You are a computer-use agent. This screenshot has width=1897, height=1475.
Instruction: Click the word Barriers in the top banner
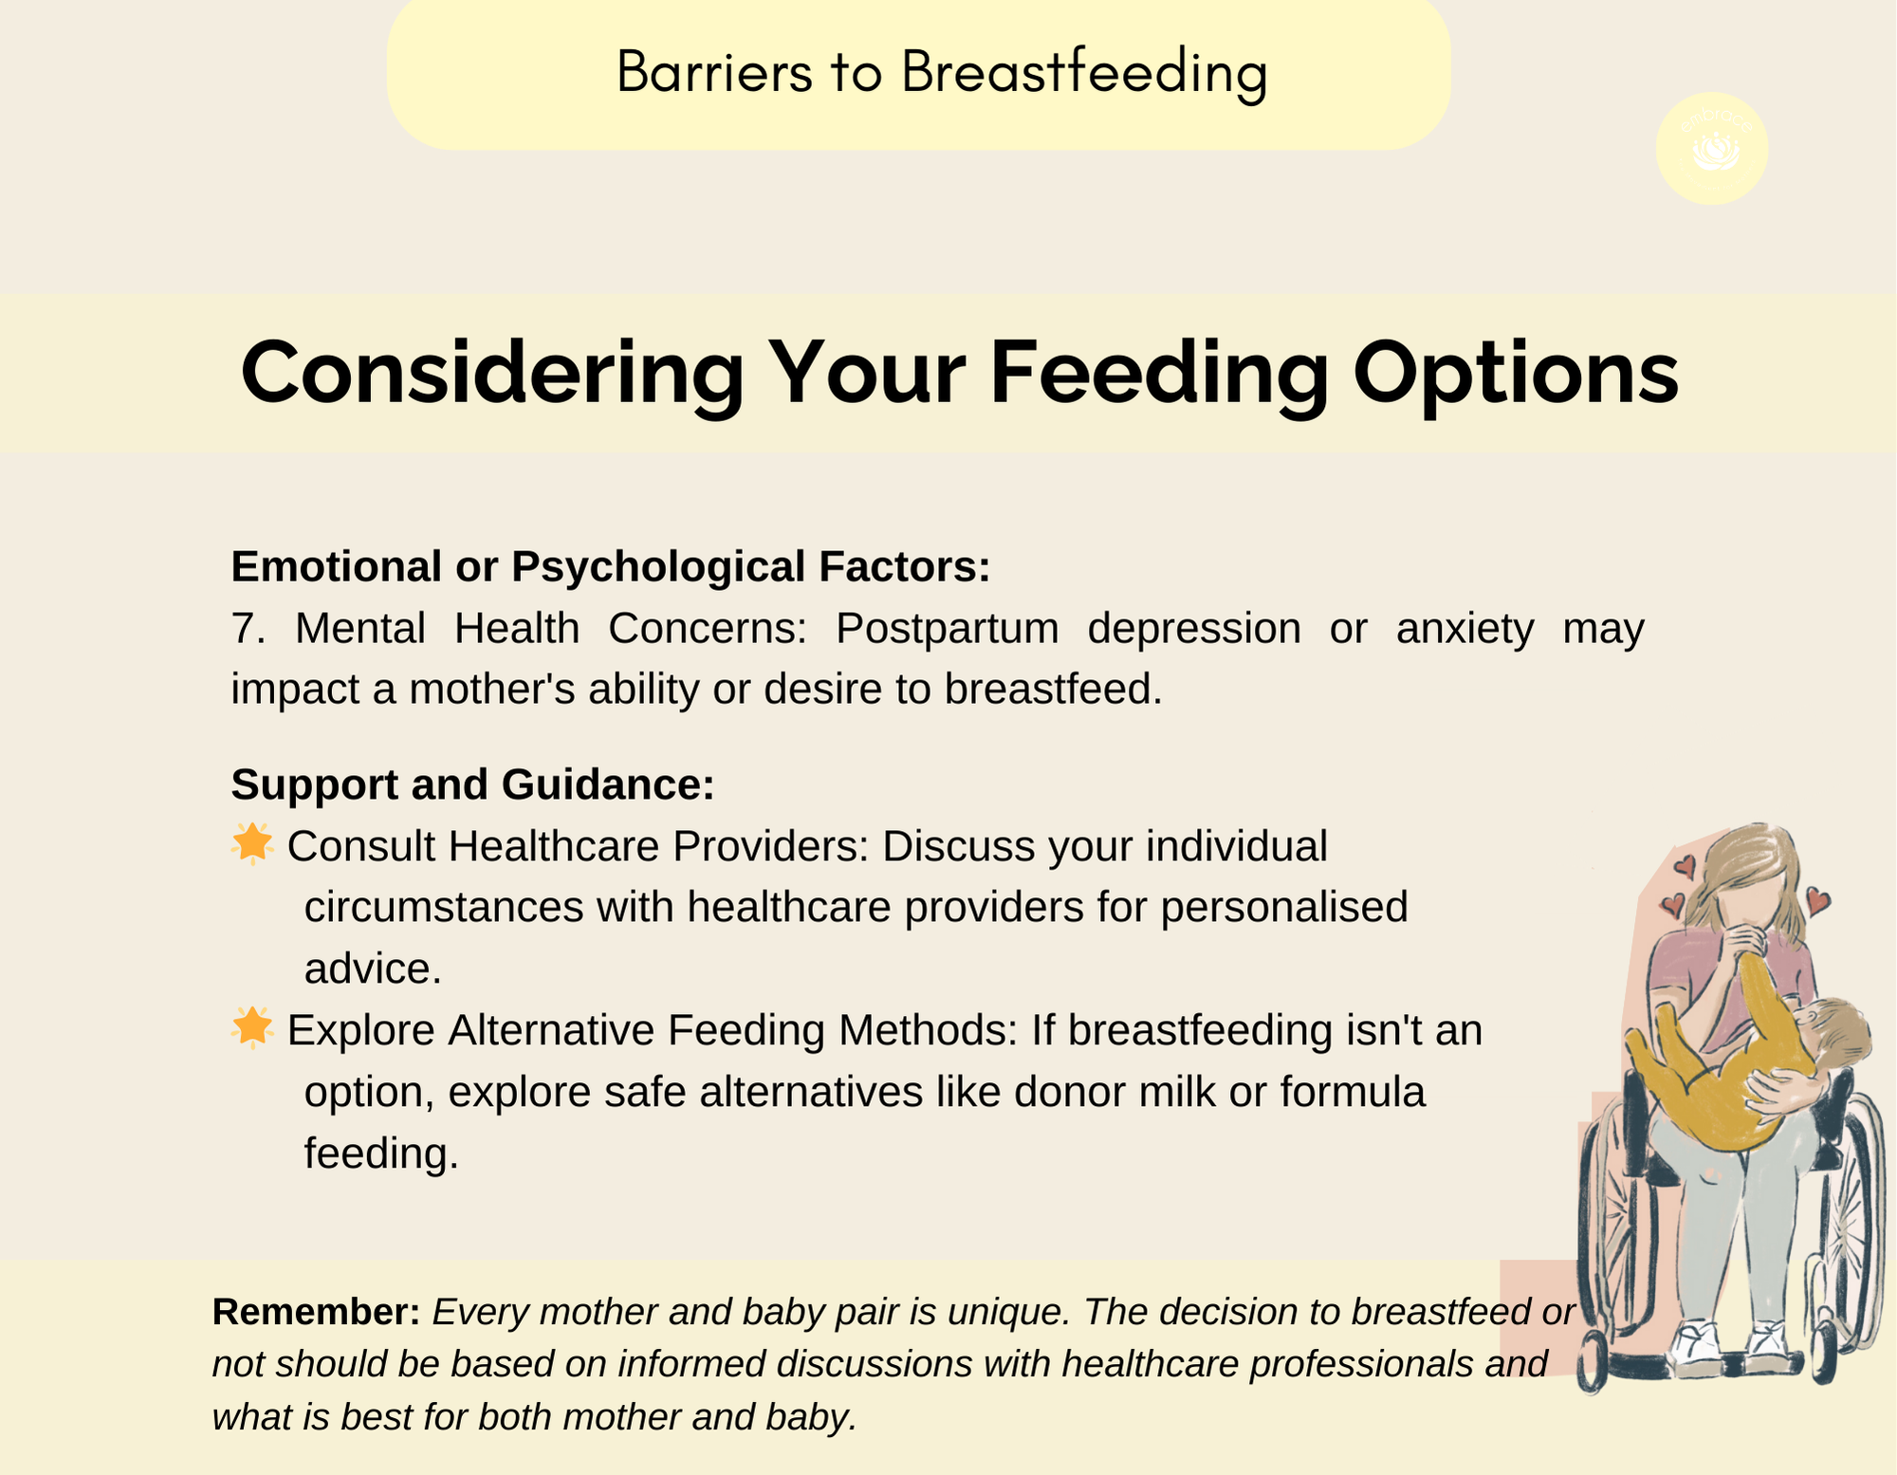point(714,72)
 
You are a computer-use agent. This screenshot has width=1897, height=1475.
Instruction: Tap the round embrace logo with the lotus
point(1712,148)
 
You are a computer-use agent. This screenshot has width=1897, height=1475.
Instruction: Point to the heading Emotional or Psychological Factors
point(611,566)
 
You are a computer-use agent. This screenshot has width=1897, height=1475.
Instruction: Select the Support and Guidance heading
point(472,784)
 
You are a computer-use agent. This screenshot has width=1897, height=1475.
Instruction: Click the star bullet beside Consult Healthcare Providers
point(252,844)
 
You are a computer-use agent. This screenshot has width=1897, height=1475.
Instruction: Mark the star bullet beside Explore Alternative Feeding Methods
point(252,1028)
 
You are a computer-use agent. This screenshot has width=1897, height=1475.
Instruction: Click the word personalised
point(1284,908)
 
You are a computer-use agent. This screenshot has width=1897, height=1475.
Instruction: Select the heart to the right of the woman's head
point(1816,900)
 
